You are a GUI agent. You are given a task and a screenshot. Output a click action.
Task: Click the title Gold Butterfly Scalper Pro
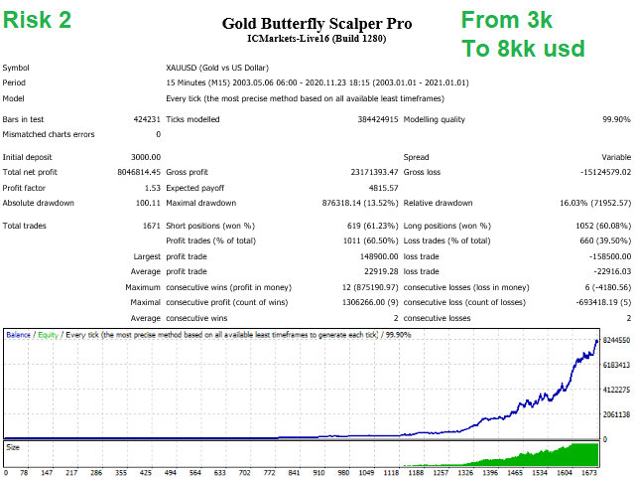tap(317, 23)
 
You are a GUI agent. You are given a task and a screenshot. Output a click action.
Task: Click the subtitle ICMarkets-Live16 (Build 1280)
tap(317, 39)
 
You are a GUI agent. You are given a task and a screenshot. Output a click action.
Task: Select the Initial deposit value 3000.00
tap(145, 157)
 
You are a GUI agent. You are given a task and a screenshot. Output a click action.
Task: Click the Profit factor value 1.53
tap(151, 187)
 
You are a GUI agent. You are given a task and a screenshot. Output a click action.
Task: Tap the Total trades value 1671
tap(150, 226)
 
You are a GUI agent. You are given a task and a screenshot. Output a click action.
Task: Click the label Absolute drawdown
tap(39, 203)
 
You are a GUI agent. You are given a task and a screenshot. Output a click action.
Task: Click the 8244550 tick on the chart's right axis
tap(616, 341)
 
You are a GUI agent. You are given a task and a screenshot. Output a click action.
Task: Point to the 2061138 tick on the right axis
tap(616, 414)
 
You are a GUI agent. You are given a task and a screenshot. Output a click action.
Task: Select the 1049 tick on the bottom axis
tap(370, 473)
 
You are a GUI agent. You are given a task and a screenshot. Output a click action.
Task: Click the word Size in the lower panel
tap(12, 447)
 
